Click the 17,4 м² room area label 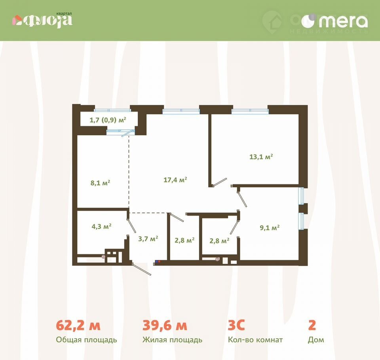175,180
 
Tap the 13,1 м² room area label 261,157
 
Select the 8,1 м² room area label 100,182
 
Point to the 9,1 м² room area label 270,227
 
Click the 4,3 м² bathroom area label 101,227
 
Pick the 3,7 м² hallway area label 148,239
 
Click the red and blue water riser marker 158,261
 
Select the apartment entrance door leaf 141,269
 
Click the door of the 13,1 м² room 220,182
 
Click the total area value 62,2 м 78,325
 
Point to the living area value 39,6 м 165,325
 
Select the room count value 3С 236,325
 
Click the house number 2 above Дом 312,325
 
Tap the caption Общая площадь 87,340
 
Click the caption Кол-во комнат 255,340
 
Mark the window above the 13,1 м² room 250,111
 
